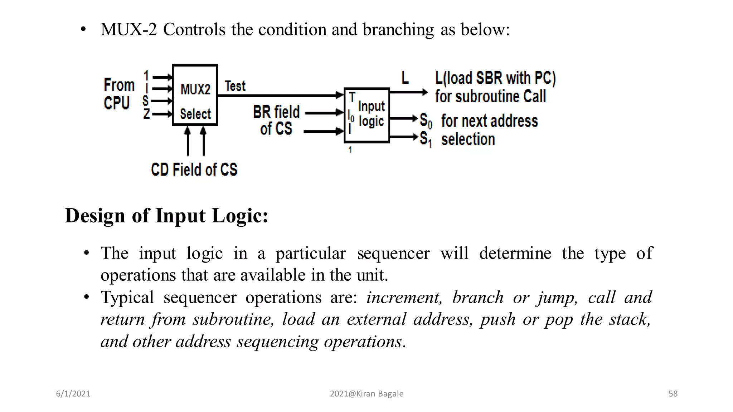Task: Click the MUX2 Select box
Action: [195, 95]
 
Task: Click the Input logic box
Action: [367, 115]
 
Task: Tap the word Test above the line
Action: [235, 86]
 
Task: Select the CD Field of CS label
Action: [194, 170]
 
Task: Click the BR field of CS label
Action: [276, 120]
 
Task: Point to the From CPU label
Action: [119, 94]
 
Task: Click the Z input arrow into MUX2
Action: [162, 114]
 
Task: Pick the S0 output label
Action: [426, 121]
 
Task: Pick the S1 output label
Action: [426, 139]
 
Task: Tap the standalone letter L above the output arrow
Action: [405, 78]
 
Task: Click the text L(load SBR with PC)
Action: [495, 78]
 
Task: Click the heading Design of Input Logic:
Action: [166, 216]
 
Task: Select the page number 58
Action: [673, 394]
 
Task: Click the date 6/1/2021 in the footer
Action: [73, 394]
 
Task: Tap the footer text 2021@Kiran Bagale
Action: [366, 394]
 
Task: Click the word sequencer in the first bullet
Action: [393, 254]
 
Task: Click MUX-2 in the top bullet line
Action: [129, 29]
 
